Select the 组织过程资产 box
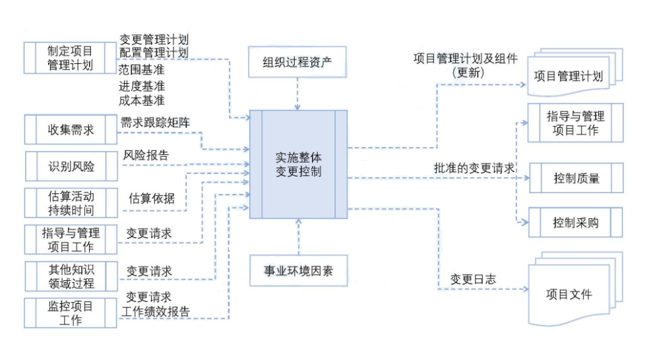297,63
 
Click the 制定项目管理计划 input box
70,58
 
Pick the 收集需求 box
70,129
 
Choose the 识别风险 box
70,166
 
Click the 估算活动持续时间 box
70,203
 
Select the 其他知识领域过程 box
70,276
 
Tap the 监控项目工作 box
70,313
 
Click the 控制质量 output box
576,178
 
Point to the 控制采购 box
576,222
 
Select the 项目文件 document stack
569,294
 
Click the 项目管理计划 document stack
568,76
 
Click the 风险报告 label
146,156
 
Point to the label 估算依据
151,198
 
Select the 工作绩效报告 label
156,312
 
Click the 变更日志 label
473,279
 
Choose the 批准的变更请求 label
474,167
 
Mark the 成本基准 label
142,100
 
